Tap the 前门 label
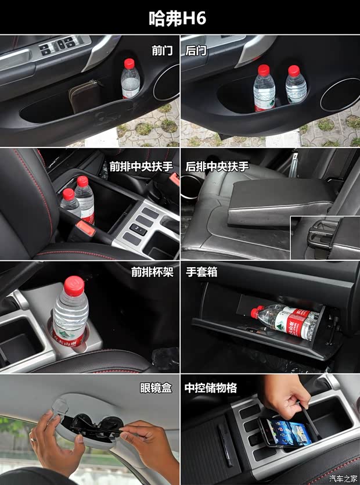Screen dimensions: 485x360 tap(162, 51)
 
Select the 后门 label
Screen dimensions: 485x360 tap(196, 51)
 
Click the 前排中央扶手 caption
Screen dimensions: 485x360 tap(141, 166)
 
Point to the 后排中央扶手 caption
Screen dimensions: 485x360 tap(217, 166)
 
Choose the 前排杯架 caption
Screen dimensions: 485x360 tap(152, 271)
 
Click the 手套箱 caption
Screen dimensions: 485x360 tap(201, 271)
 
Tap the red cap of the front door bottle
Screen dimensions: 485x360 tap(129, 63)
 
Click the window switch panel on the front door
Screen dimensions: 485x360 tap(58, 46)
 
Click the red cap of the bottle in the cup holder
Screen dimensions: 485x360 tap(74, 284)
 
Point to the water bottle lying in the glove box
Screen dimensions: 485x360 tap(286, 321)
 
